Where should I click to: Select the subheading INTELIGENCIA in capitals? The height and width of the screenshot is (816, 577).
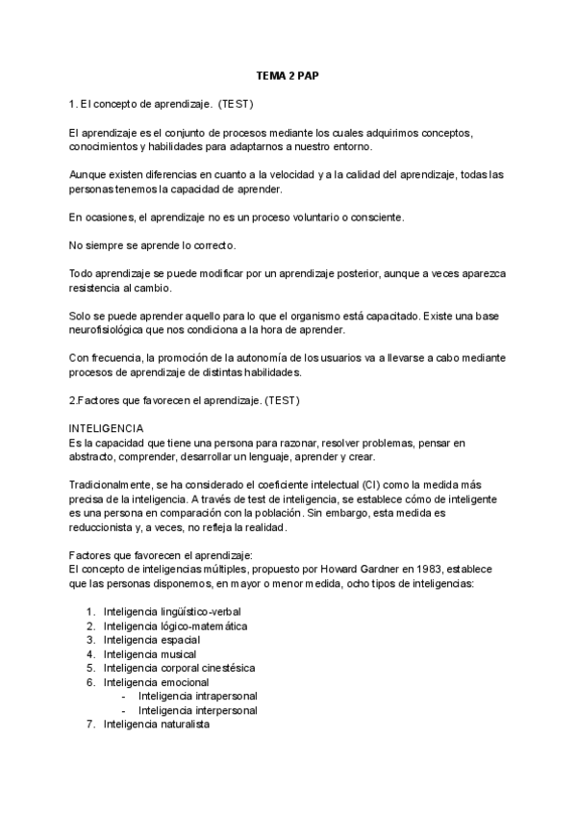click(107, 428)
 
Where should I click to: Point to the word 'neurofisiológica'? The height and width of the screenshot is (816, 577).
click(113, 331)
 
